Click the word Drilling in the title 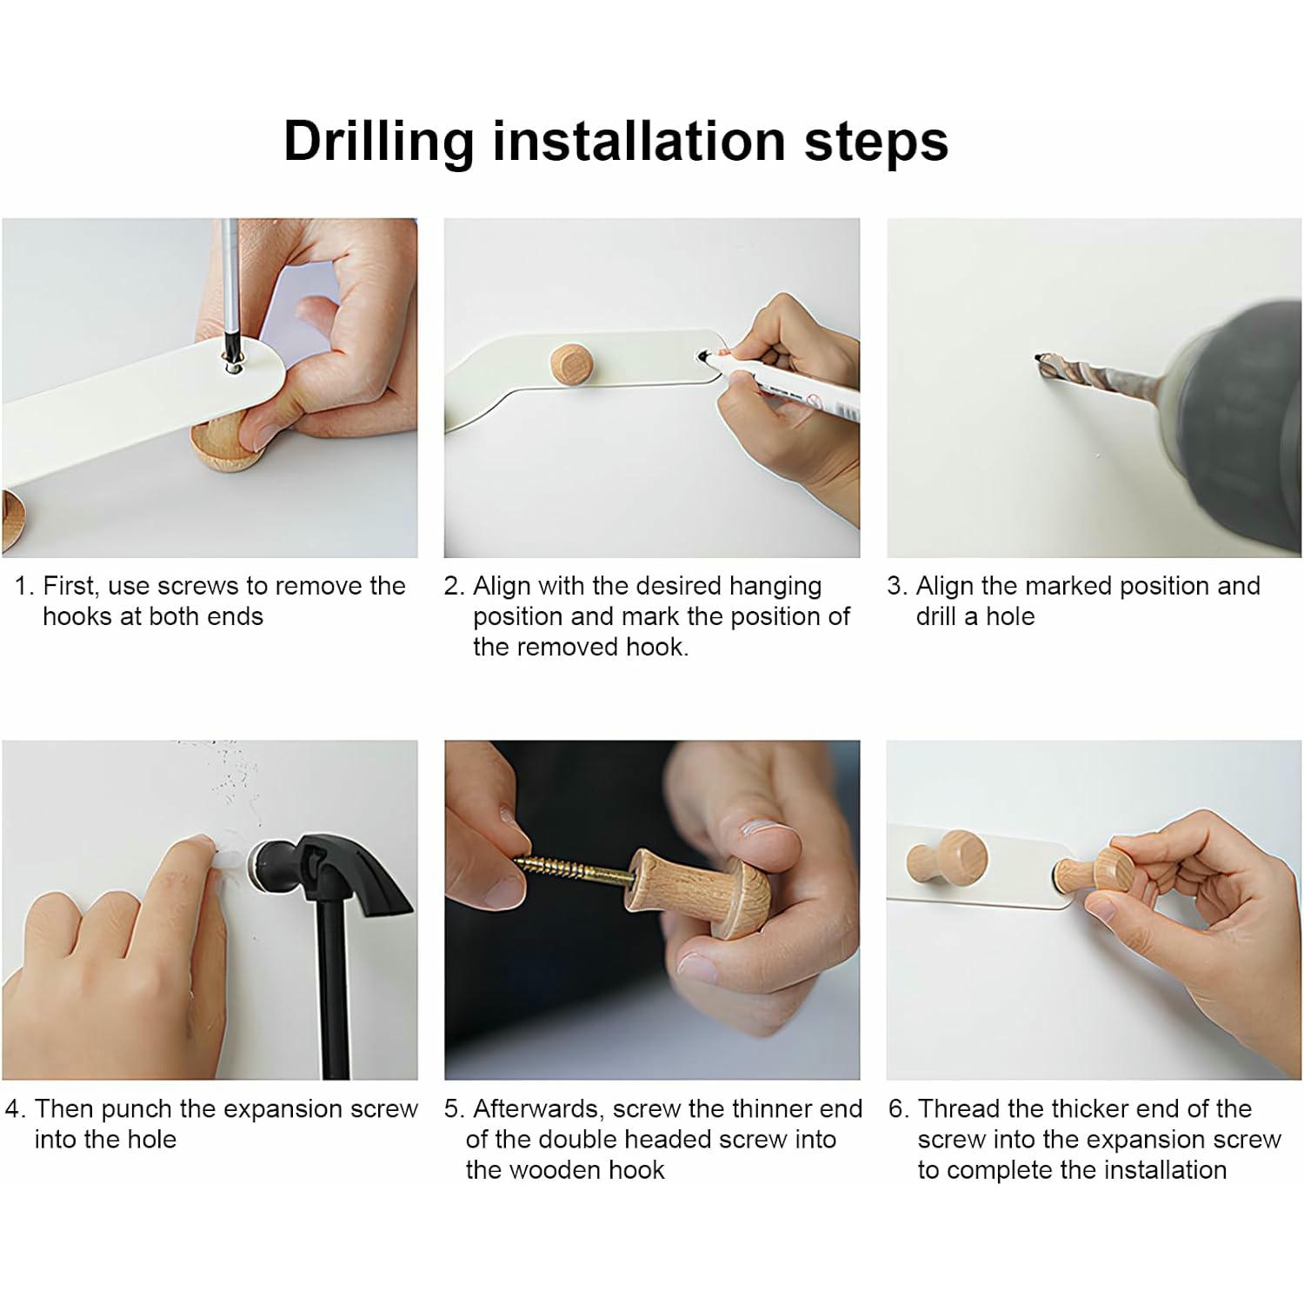[x=379, y=142]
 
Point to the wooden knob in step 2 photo [x=570, y=363]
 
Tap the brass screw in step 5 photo [x=575, y=870]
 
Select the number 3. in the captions [x=897, y=586]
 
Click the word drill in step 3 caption [x=935, y=616]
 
